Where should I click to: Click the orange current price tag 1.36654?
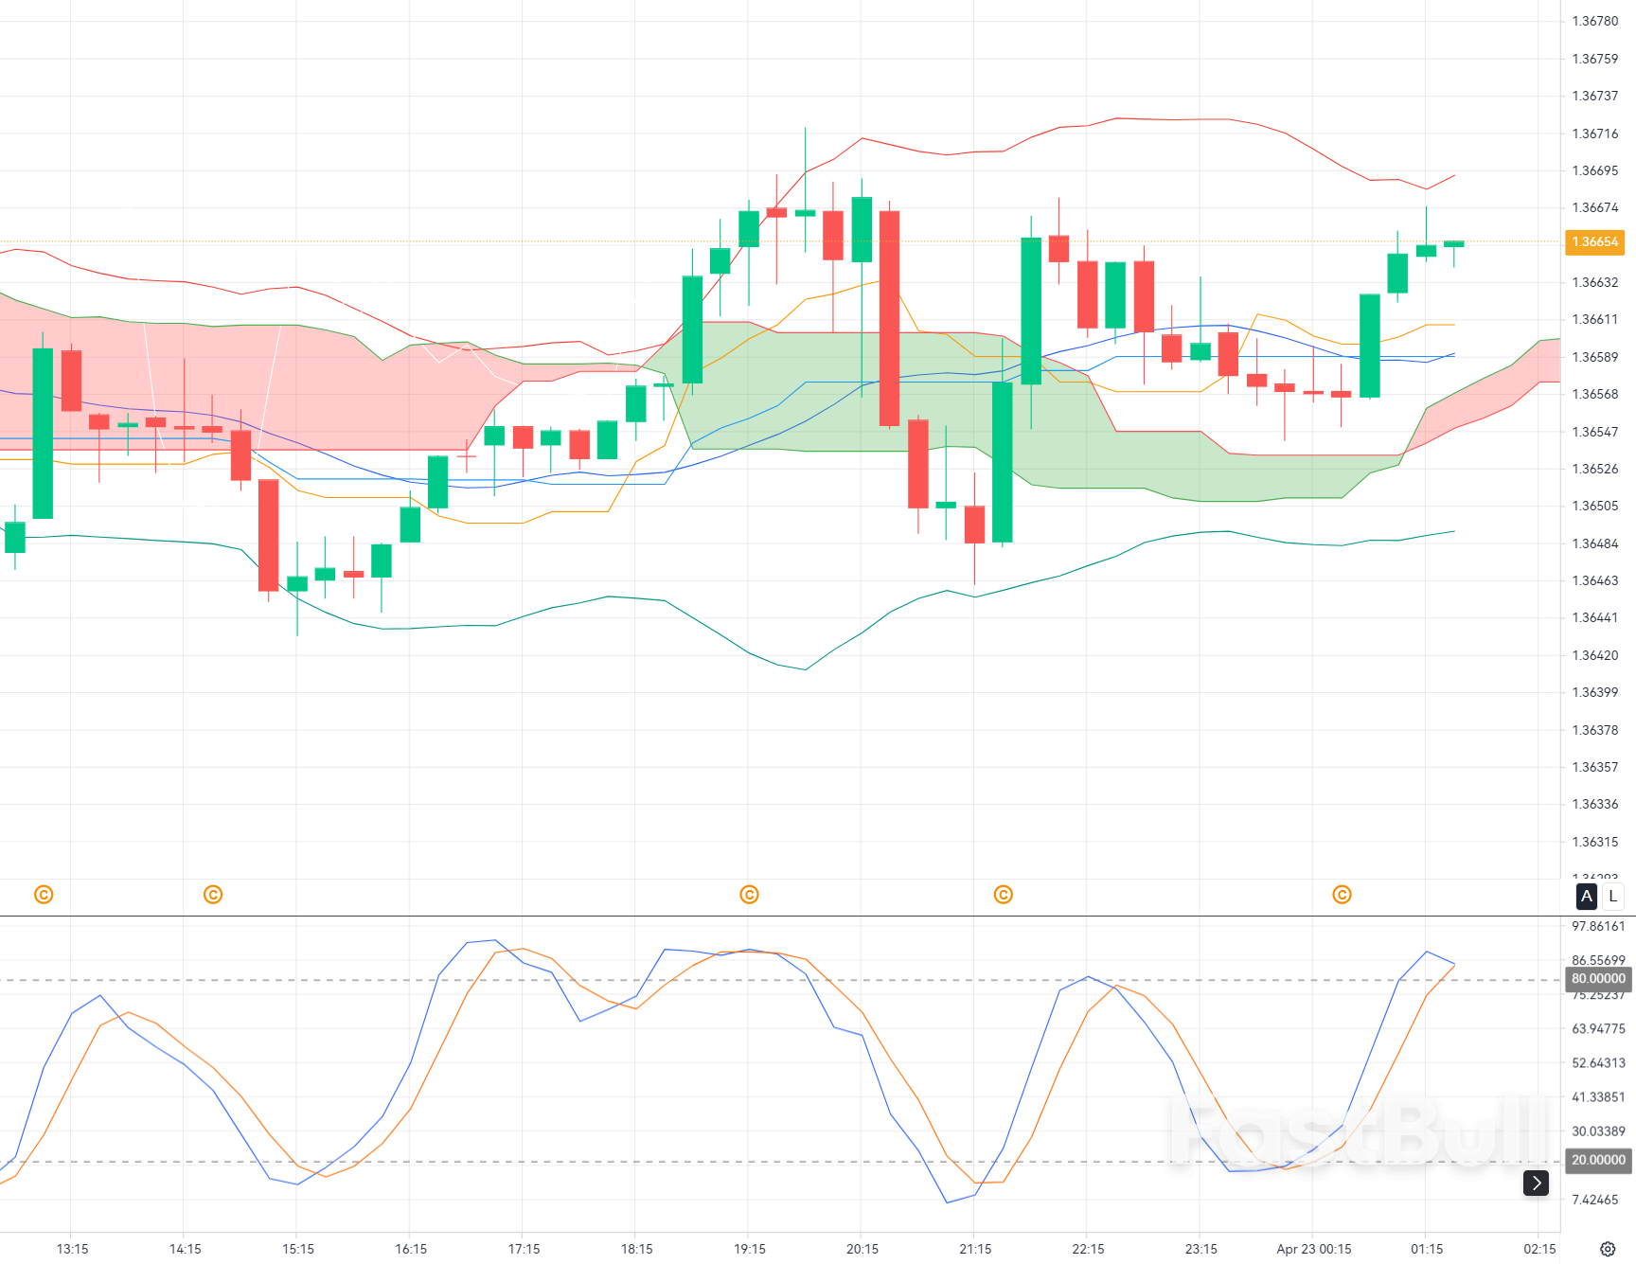click(1594, 242)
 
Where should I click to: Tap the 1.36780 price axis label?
click(1595, 21)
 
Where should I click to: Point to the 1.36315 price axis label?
click(1595, 842)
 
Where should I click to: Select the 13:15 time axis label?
click(72, 1249)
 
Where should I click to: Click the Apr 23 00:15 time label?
click(1313, 1249)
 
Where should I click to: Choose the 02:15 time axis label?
click(1539, 1249)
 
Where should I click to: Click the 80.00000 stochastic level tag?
click(1598, 979)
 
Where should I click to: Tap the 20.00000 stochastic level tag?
click(1598, 1160)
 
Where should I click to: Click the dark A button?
click(1587, 896)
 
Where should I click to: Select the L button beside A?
click(1613, 896)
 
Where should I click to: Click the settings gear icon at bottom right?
click(1608, 1249)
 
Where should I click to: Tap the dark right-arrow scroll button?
click(1536, 1183)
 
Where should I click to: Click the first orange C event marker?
click(44, 895)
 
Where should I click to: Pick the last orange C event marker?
click(1342, 895)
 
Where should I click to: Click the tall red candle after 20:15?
click(889, 318)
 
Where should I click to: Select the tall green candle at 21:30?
click(1003, 462)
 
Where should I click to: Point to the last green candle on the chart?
click(1454, 244)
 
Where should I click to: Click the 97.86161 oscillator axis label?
click(1598, 926)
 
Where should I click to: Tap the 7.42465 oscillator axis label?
click(1595, 1200)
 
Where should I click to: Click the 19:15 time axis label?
click(750, 1249)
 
